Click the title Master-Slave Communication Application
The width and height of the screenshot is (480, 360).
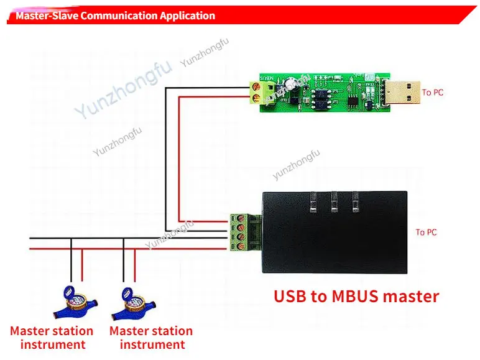pyautogui.click(x=115, y=16)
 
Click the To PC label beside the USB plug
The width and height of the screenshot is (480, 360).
pyautogui.click(x=433, y=93)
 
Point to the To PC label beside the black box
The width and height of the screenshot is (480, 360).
pyautogui.click(x=426, y=233)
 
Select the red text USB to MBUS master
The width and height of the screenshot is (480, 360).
pyautogui.click(x=356, y=296)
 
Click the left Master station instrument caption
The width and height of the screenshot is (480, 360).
pyautogui.click(x=52, y=338)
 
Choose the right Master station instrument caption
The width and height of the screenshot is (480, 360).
pyautogui.click(x=151, y=338)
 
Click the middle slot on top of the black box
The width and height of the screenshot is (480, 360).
pyautogui.click(x=334, y=202)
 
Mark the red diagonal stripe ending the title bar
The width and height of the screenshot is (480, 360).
pyautogui.click(x=466, y=16)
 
